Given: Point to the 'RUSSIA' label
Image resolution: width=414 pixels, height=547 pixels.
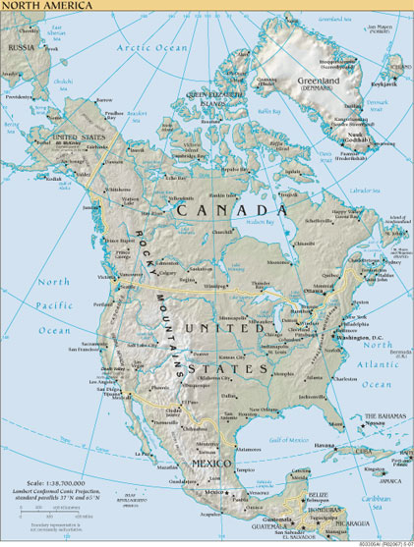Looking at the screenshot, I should point(22,47).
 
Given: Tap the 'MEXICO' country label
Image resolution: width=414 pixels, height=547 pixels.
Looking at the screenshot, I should point(211,462).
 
